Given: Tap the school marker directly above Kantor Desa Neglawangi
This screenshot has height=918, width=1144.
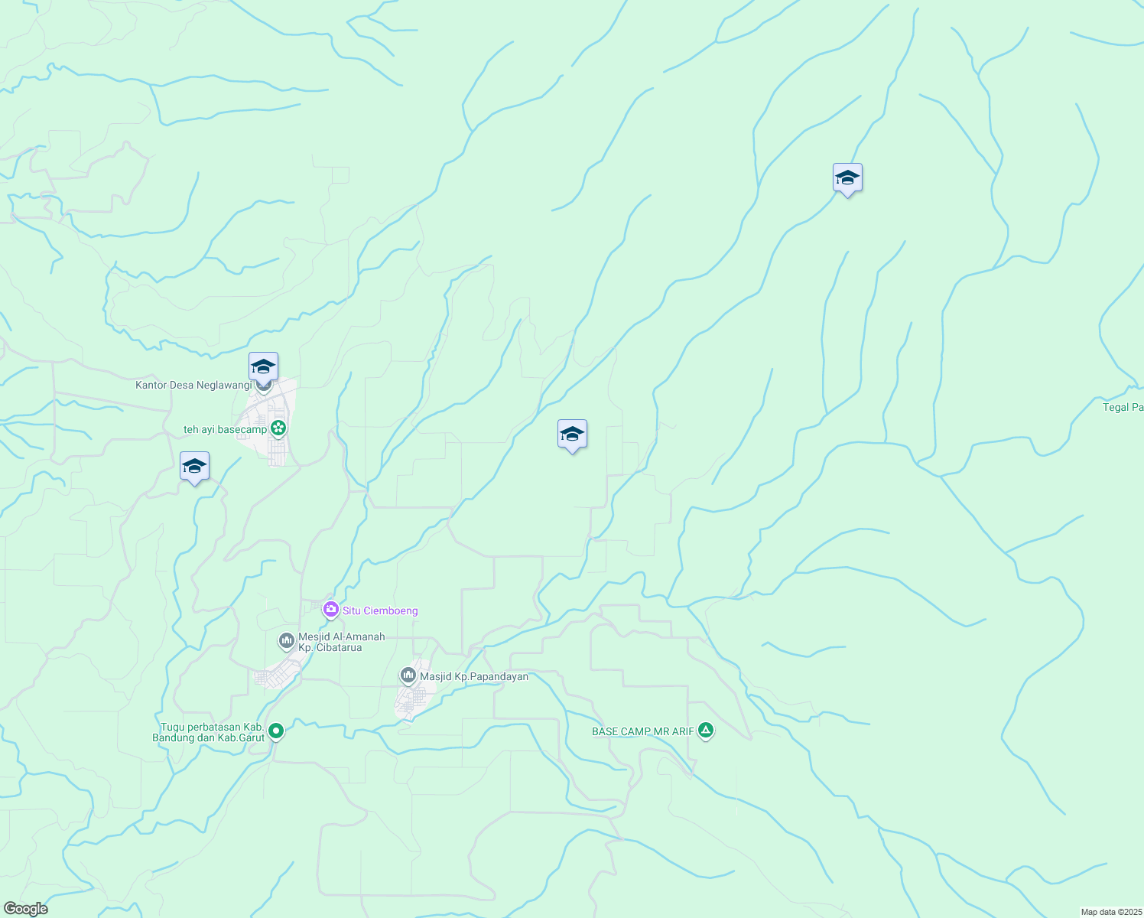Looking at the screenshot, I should pos(263,367).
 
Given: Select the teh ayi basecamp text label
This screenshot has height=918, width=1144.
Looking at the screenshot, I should pos(225,430).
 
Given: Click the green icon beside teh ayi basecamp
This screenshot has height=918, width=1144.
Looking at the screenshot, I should pos(278,428).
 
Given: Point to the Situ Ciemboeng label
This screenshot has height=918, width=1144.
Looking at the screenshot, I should pos(380,610).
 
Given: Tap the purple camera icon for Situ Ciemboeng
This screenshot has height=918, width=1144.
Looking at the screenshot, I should pos(331,610).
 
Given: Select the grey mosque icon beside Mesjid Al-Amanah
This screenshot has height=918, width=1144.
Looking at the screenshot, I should pos(287,640).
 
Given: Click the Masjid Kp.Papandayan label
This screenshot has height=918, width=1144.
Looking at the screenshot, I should pos(474,676).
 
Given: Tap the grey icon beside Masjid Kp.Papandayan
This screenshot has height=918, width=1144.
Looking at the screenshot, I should pos(408,675).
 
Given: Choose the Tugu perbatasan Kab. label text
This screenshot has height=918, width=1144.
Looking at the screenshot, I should pos(213,727).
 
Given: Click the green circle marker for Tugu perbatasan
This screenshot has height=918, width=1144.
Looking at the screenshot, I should pos(277,731).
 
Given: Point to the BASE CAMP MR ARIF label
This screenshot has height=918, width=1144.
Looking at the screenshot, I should pos(643,731).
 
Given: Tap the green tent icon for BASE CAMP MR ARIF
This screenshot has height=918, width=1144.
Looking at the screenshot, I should pos(706,731).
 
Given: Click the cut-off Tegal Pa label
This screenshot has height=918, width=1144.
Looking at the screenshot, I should pos(1123,407).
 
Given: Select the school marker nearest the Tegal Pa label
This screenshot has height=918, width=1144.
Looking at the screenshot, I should pos(847,178).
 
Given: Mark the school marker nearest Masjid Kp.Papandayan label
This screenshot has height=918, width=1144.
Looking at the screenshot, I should pos(572,435).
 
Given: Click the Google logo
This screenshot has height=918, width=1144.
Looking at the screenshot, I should pos(25,909).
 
